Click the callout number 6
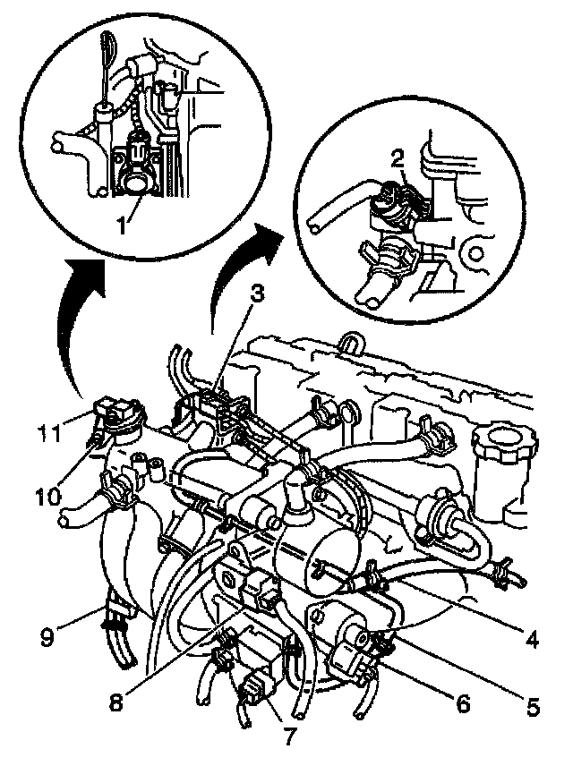[x=463, y=703]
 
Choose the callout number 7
[x=288, y=736]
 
